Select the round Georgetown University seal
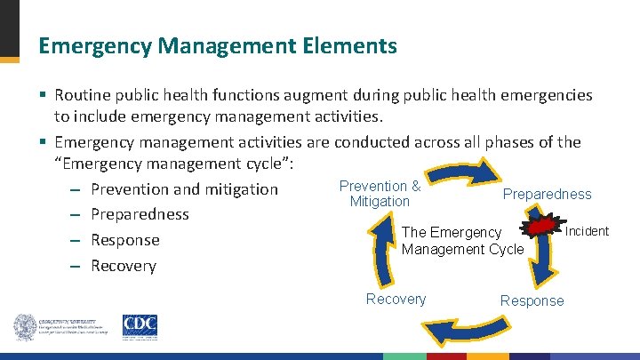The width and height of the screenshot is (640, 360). tap(24, 326)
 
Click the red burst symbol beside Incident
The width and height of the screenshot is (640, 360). tap(541, 229)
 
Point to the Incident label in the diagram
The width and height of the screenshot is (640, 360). tap(587, 231)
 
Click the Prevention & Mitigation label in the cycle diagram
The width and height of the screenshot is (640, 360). tap(380, 194)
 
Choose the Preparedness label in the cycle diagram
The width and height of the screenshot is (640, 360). tap(547, 194)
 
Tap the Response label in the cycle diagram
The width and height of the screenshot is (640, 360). tap(532, 300)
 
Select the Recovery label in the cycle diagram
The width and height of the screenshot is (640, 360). tap(396, 300)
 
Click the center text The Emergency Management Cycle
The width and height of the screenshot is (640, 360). tap(462, 241)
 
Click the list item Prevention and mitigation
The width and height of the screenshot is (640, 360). tap(184, 188)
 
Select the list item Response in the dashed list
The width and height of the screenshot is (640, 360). tap(125, 240)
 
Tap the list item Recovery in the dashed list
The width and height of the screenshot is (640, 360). tap(124, 266)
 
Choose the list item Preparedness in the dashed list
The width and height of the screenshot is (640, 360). tap(140, 214)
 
